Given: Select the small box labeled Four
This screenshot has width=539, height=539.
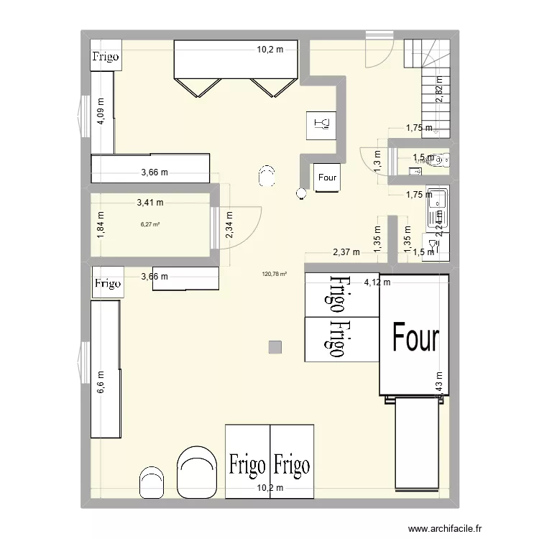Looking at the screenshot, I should [x=327, y=178].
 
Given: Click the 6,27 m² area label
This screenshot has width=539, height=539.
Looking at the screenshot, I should [x=150, y=224].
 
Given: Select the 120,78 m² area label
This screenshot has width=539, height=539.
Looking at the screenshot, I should [x=275, y=273].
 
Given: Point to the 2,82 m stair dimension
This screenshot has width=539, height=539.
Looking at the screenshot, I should [x=440, y=90].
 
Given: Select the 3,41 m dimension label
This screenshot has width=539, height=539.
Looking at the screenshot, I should [x=150, y=203].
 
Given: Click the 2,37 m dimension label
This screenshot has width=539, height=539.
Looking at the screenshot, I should [x=346, y=252].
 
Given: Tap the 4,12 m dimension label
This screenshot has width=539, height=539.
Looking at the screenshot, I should [x=377, y=282].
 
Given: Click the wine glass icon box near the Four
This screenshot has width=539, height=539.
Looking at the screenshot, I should [x=321, y=125].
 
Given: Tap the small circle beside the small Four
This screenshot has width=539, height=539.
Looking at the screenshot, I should [x=301, y=193].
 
